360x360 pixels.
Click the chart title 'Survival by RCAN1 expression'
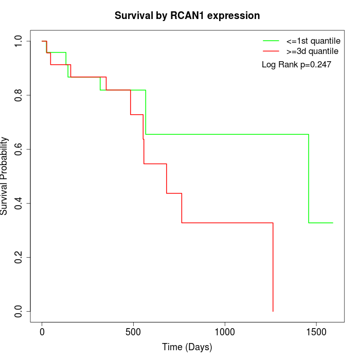pyautogui.click(x=187, y=15)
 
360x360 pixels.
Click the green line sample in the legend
pyautogui.click(x=271, y=41)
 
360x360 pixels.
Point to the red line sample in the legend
pyautogui.click(x=271, y=51)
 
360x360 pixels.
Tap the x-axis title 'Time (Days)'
pyautogui.click(x=187, y=347)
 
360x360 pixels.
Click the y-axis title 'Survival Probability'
pyautogui.click(x=5, y=176)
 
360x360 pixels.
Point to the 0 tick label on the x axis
pyautogui.click(x=42, y=331)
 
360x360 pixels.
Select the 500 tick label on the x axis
pyautogui.click(x=133, y=331)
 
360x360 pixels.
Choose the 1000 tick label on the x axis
pyautogui.click(x=225, y=331)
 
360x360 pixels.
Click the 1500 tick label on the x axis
pyautogui.click(x=316, y=331)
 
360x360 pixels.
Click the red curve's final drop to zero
pyautogui.click(x=273, y=267)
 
